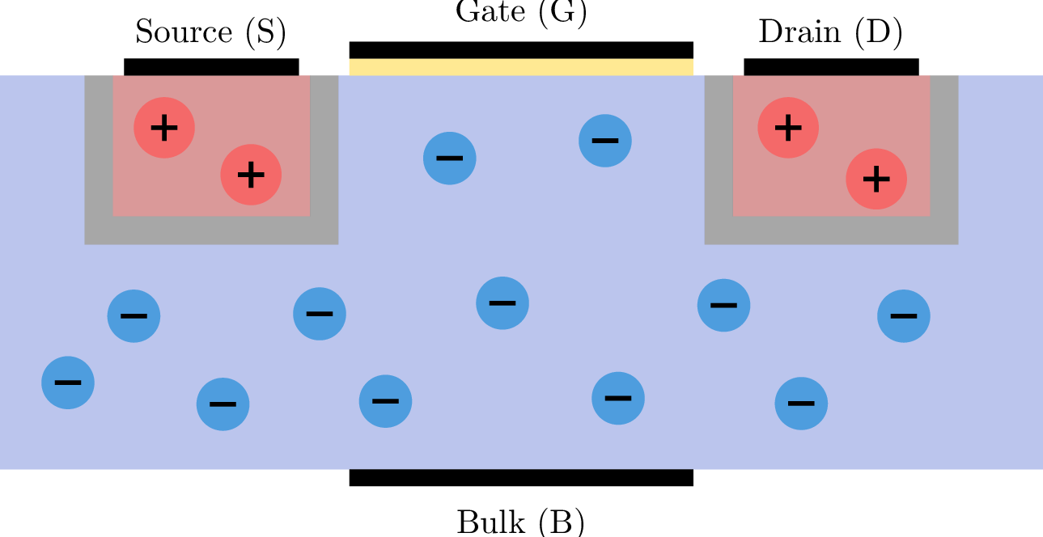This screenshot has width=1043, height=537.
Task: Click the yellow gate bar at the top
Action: (520, 67)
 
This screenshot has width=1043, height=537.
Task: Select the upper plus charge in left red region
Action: (164, 128)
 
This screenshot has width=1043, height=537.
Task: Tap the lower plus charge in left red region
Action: (251, 175)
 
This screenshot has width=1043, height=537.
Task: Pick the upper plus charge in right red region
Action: (788, 128)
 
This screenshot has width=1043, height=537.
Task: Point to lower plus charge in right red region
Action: (876, 179)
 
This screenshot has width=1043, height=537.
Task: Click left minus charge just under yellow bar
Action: (450, 159)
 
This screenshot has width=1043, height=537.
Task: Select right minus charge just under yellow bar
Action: (605, 141)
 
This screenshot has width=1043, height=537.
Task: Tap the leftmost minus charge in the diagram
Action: (68, 383)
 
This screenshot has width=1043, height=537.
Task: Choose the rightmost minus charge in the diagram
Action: (904, 316)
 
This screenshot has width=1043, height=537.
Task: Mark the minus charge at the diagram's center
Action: (502, 303)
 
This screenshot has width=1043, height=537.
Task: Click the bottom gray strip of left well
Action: (211, 230)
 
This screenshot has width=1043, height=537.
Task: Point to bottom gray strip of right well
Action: (831, 230)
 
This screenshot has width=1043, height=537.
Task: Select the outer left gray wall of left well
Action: (99, 154)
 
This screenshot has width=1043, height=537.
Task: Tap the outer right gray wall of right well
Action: (944, 154)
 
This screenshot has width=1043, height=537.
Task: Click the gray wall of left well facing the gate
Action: (324, 154)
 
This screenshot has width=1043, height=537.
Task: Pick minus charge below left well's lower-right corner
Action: (320, 314)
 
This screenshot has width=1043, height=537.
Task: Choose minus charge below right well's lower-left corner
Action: (724, 306)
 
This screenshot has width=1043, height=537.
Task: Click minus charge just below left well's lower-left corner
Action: (134, 316)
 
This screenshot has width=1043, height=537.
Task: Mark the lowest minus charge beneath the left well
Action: (223, 404)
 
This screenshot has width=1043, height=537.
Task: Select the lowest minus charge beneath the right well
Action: (801, 404)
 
